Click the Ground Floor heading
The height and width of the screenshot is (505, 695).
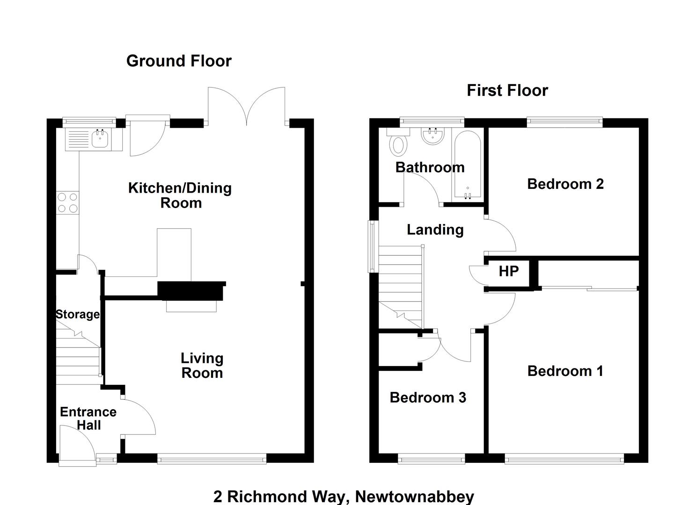click(x=179, y=61)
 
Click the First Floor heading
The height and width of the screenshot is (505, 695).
click(x=507, y=91)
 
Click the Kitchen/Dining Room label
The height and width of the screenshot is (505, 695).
click(x=180, y=195)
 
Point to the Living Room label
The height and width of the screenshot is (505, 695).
click(x=202, y=366)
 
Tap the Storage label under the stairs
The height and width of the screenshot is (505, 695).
click(x=78, y=314)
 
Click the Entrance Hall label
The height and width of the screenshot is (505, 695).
click(x=88, y=418)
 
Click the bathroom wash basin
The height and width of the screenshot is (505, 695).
click(x=433, y=137)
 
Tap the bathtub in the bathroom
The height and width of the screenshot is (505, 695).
click(x=468, y=165)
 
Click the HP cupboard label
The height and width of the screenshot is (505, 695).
click(x=509, y=271)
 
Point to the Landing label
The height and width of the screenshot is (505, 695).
click(x=435, y=230)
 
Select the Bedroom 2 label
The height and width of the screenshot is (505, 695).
click(x=566, y=184)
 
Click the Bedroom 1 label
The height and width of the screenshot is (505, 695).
click(x=565, y=371)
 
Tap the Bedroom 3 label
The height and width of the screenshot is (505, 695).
click(x=428, y=397)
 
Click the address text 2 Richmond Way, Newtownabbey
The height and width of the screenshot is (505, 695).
click(x=344, y=496)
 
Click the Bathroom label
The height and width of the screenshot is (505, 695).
click(x=430, y=167)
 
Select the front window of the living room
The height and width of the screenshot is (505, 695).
click(x=212, y=459)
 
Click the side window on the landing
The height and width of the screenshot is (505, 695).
click(x=373, y=246)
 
